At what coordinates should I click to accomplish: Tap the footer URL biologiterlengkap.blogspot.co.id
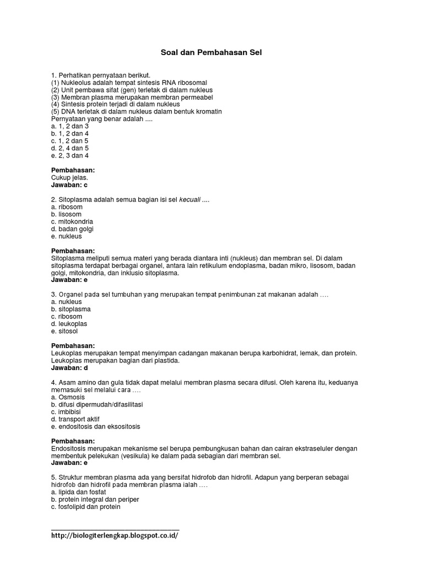(115, 535)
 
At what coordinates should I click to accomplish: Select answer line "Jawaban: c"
(69, 185)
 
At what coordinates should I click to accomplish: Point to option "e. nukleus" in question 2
(66, 236)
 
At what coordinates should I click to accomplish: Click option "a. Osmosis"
(68, 397)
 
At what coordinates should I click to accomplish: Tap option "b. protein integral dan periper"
(95, 500)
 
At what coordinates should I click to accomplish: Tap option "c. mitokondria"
(72, 221)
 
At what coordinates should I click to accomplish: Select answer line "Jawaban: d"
(69, 368)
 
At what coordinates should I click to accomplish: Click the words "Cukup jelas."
(69, 178)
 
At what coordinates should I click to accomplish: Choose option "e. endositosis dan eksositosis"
(95, 426)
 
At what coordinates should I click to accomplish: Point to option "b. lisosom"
(66, 214)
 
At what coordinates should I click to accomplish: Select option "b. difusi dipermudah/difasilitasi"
(96, 404)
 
